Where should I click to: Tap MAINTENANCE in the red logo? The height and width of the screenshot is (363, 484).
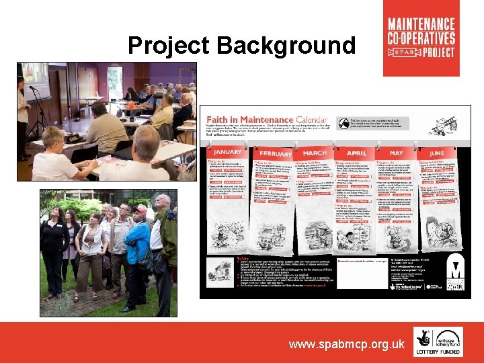[421, 24]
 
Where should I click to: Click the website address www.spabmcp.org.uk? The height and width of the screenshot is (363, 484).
[347, 344]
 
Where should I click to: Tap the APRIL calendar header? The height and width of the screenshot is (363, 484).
[356, 153]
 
